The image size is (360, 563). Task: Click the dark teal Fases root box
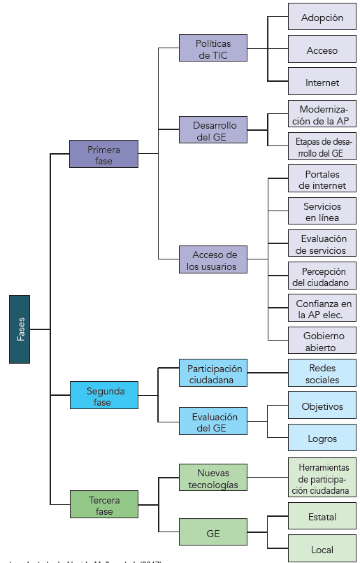(x=20, y=329)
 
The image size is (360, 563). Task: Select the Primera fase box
(x=103, y=155)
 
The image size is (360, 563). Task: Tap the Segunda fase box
(x=103, y=396)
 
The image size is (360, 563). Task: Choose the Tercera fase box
(x=103, y=506)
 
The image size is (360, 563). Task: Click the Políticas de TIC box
(x=213, y=49)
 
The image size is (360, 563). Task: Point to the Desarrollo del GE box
(x=213, y=131)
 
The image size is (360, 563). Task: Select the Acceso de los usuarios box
(x=213, y=260)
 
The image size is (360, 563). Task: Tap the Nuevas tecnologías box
(x=213, y=478)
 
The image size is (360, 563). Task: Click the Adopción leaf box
(x=322, y=17)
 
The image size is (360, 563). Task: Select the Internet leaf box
(x=322, y=82)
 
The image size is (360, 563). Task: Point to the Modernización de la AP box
(x=322, y=115)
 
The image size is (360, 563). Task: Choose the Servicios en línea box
(x=322, y=212)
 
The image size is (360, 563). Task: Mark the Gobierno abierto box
(x=322, y=341)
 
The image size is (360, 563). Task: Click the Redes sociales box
(x=322, y=373)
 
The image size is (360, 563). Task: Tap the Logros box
(x=322, y=439)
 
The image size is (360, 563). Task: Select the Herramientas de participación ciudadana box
(x=322, y=479)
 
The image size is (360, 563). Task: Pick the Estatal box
(x=322, y=518)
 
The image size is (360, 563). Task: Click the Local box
(x=322, y=550)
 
